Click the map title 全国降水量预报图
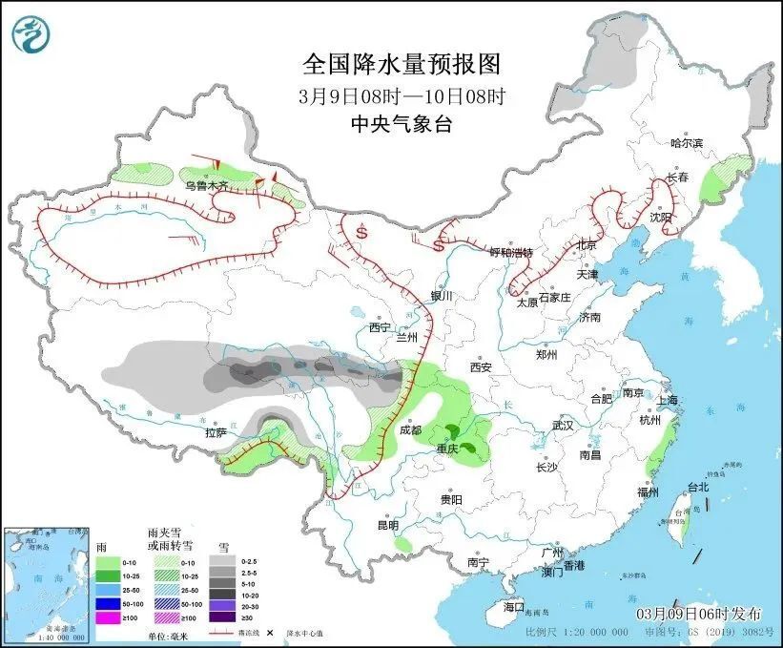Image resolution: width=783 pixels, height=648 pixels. pos(402,64)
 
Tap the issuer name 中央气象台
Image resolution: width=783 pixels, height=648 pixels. pos(401,122)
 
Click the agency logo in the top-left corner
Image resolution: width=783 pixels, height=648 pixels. pos(31,34)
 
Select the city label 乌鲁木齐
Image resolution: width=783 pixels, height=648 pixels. pos(207,186)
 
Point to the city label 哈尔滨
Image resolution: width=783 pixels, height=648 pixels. pos(686,143)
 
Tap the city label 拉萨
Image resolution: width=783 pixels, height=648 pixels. pos(216,432)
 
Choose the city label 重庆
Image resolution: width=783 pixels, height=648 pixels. pos(447,448)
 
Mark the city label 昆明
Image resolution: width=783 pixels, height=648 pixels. pos(387,525)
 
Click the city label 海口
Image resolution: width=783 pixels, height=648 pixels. pos(514,607)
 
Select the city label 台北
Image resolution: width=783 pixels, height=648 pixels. pos(698,487)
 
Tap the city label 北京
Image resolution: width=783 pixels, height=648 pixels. pos(586,246)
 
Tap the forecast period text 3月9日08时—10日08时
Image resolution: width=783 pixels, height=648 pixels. pos(401,95)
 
